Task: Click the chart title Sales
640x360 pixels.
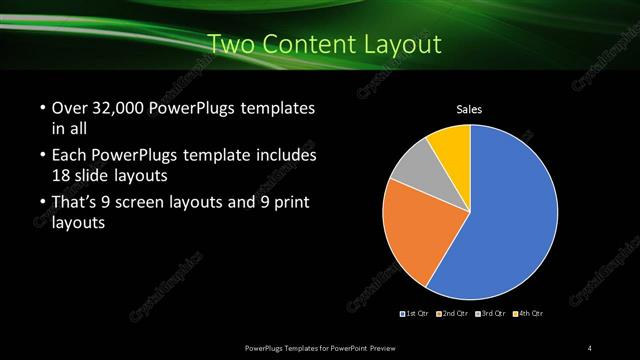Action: pos(470,110)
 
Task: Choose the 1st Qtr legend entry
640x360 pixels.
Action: pos(415,314)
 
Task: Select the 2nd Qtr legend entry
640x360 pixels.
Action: pos(452,314)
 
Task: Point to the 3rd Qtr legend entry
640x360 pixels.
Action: pos(490,314)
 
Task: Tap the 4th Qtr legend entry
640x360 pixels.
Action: pos(528,314)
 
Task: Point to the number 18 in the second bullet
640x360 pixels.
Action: pos(61,174)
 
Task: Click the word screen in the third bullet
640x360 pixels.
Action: pos(150,204)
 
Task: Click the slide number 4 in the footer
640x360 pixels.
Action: pos(590,347)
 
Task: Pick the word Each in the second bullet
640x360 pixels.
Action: pos(68,157)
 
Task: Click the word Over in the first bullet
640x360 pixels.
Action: pos(69,109)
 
